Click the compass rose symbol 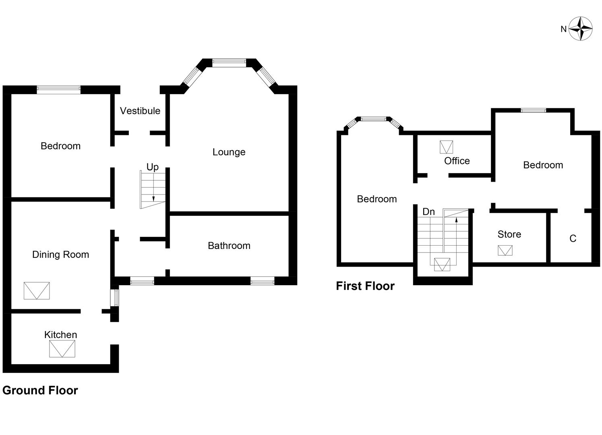pyautogui.click(x=580, y=29)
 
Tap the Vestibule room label pyautogui.click(x=140, y=111)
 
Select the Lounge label pyautogui.click(x=229, y=152)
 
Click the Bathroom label pyautogui.click(x=229, y=246)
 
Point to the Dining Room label pyautogui.click(x=60, y=255)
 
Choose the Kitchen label pyautogui.click(x=60, y=335)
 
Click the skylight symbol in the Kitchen pyautogui.click(x=62, y=349)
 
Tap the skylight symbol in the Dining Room pyautogui.click(x=37, y=291)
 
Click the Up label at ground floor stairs pyautogui.click(x=152, y=167)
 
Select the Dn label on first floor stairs pyautogui.click(x=428, y=211)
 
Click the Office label pyautogui.click(x=457, y=161)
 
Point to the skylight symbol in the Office pyautogui.click(x=446, y=147)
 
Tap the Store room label pyautogui.click(x=509, y=234)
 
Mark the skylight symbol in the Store pyautogui.click(x=505, y=251)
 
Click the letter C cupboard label pyautogui.click(x=573, y=239)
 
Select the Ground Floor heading pyautogui.click(x=40, y=390)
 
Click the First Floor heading pyautogui.click(x=365, y=286)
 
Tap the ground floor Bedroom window pyautogui.click(x=59, y=90)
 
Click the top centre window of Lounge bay pyautogui.click(x=229, y=62)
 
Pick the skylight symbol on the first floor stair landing pyautogui.click(x=442, y=265)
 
